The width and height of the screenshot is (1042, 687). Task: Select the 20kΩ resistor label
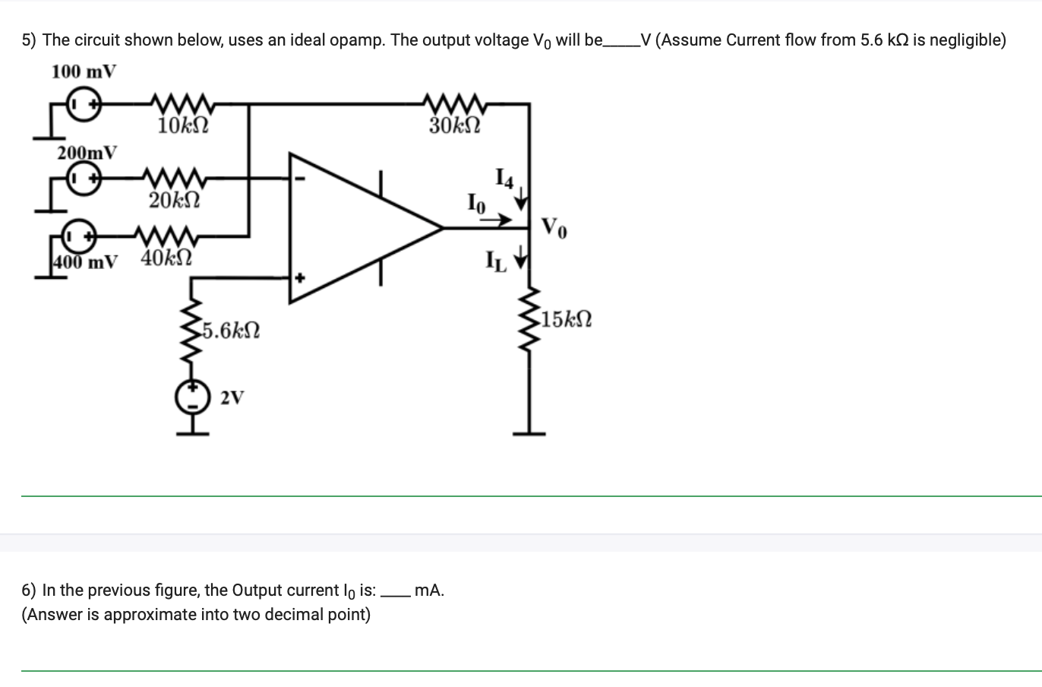click(x=174, y=201)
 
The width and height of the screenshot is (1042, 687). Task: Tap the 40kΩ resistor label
click(x=166, y=258)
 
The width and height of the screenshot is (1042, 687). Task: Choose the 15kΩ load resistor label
click(x=564, y=319)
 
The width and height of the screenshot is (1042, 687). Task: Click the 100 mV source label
click(x=84, y=72)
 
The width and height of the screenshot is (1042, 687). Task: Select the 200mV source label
click(x=87, y=152)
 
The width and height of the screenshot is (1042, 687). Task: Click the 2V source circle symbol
click(x=194, y=397)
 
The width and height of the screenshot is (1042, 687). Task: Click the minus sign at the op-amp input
click(x=300, y=180)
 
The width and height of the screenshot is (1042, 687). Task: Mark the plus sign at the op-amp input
click(x=300, y=278)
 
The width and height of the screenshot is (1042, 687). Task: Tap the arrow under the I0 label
click(x=497, y=220)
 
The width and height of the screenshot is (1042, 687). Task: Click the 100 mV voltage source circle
click(x=82, y=104)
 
